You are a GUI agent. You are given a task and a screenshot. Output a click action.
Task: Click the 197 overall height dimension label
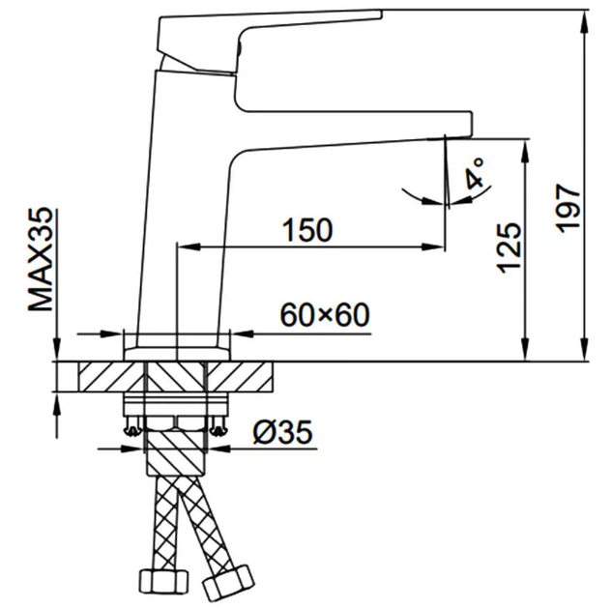coord(568,209)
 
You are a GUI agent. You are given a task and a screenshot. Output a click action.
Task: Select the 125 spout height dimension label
coord(509,248)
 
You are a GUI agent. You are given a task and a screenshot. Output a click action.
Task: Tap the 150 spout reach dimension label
coord(307,230)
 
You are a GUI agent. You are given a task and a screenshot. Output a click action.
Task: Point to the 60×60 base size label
coord(325,315)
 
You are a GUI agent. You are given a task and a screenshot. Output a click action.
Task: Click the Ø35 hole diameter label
coord(282,432)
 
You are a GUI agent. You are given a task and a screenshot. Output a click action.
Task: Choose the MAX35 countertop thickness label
coord(41,259)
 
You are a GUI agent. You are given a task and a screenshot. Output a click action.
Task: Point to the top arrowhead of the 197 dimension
coord(584,22)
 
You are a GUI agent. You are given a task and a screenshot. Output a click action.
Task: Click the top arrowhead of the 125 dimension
coord(526,152)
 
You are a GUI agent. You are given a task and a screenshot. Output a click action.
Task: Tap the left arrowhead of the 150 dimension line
coord(189,246)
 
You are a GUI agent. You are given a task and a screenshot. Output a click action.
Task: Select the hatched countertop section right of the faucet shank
coord(240,376)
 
